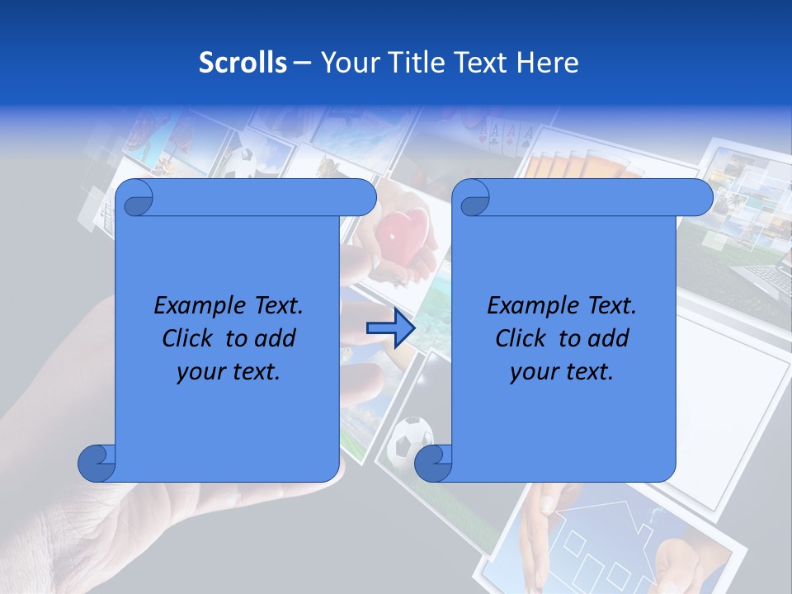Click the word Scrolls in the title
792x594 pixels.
tap(243, 63)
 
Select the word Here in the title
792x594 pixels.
tap(547, 63)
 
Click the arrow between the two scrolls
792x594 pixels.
tap(390, 328)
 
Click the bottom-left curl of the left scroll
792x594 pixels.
tap(96, 463)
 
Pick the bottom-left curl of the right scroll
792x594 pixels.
tap(432, 463)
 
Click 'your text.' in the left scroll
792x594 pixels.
tap(229, 371)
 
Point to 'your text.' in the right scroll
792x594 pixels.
tap(562, 371)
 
